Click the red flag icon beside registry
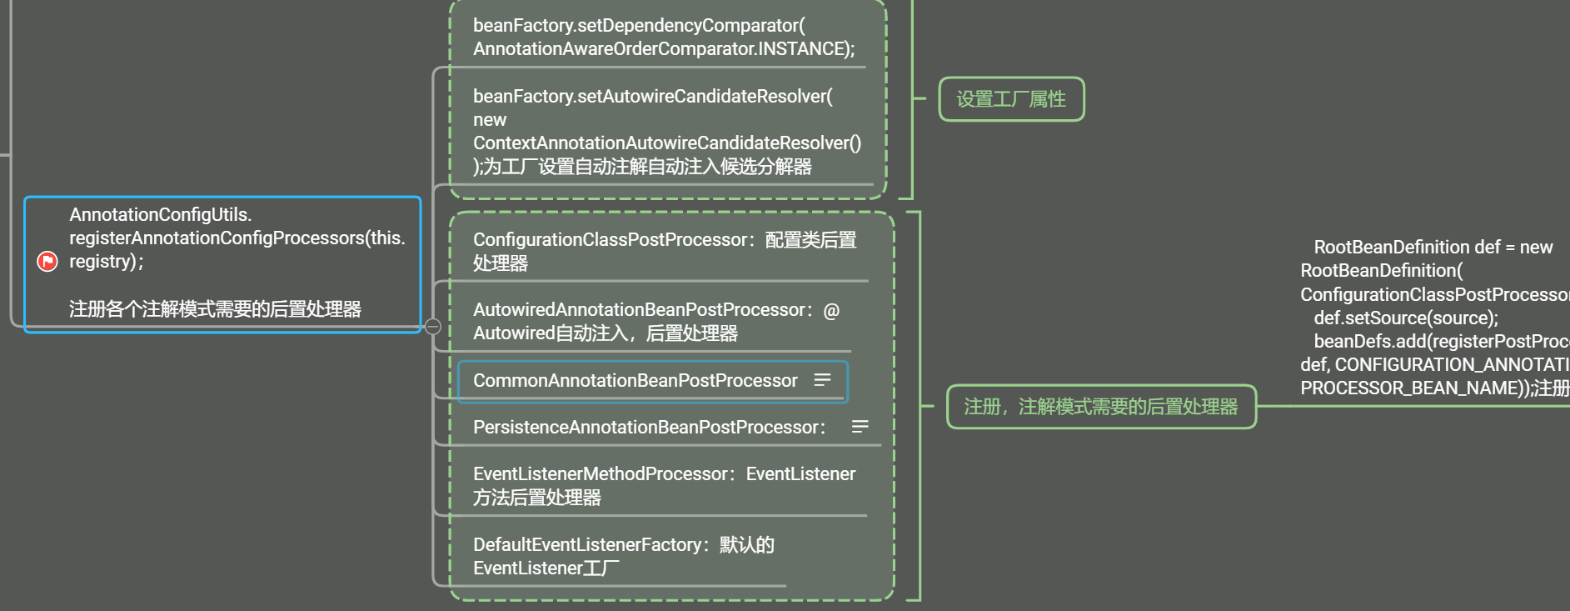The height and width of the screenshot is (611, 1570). (x=47, y=262)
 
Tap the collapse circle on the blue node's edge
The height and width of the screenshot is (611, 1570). (x=433, y=326)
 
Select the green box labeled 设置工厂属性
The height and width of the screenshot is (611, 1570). (x=1011, y=99)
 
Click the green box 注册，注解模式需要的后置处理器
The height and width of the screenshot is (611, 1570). (x=1100, y=407)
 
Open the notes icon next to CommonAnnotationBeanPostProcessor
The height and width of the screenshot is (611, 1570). (x=822, y=380)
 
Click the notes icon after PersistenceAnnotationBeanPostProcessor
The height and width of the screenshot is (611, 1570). (x=860, y=427)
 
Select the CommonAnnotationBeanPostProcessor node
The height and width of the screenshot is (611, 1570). (x=635, y=381)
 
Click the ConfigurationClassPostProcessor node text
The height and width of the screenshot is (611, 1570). (x=611, y=240)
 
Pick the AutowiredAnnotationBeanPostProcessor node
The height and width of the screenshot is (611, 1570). (x=641, y=310)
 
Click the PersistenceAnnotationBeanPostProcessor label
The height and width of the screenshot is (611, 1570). (x=649, y=428)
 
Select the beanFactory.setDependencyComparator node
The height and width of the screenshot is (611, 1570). (x=638, y=26)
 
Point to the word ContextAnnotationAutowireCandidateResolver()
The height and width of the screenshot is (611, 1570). (x=666, y=143)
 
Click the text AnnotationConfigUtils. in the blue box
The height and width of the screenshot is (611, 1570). (x=160, y=215)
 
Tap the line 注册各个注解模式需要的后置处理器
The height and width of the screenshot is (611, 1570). (x=215, y=309)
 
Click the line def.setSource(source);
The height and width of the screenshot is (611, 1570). (x=1405, y=318)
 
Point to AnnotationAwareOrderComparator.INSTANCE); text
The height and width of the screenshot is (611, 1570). (x=663, y=49)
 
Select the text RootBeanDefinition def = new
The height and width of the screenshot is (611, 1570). (x=1433, y=248)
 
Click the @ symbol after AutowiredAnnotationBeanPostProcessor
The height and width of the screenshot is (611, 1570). (x=831, y=311)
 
